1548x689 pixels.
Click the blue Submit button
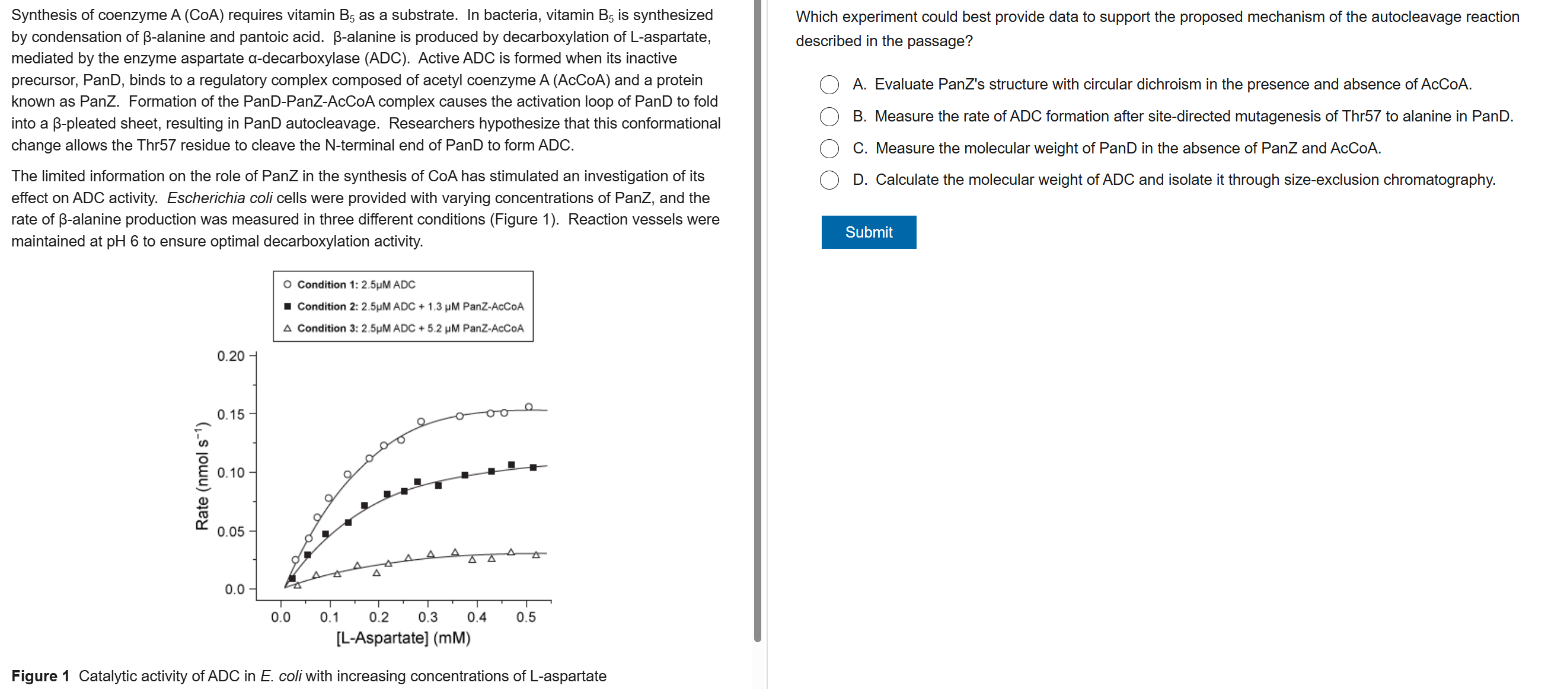point(868,232)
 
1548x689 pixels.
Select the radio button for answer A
point(829,85)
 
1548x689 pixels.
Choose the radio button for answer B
point(829,117)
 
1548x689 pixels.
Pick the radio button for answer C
point(829,148)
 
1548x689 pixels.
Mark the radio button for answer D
point(829,180)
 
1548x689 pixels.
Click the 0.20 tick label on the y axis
point(231,356)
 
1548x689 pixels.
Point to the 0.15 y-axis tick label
point(231,415)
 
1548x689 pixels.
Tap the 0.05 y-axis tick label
point(231,531)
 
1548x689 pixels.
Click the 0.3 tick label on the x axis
point(427,617)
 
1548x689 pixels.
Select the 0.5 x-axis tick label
point(526,617)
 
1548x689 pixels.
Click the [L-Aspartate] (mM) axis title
point(403,637)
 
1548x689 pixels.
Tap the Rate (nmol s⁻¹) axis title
point(202,476)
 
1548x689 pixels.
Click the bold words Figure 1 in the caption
point(40,676)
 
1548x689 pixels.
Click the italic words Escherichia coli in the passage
point(219,198)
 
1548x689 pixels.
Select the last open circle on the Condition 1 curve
point(528,406)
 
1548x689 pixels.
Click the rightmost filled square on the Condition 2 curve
point(532,467)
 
